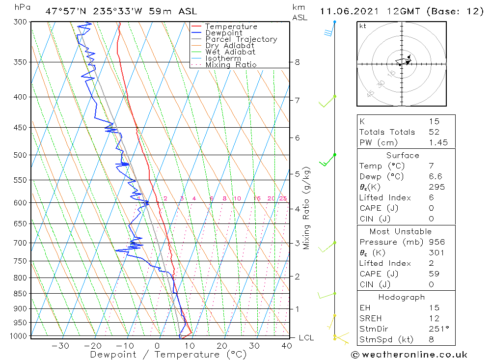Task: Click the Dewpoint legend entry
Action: point(223,33)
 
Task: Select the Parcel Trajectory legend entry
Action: point(241,39)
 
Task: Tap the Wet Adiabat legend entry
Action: point(230,52)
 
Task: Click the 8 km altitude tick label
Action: point(297,62)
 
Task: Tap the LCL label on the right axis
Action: point(306,338)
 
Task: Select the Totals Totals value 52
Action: point(434,132)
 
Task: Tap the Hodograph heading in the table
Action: point(406,297)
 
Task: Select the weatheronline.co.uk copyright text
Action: point(409,355)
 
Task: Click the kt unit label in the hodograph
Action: point(363,26)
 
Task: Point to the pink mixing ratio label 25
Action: point(283,198)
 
